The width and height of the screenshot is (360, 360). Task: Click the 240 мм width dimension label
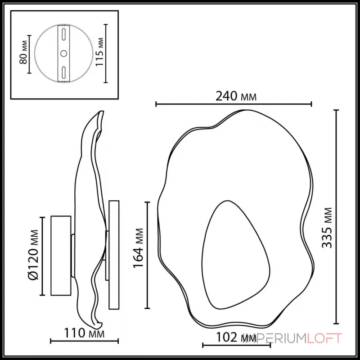[x=233, y=95]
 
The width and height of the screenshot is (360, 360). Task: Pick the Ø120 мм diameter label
[x=32, y=256]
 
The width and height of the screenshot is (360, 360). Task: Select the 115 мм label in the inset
[x=100, y=53]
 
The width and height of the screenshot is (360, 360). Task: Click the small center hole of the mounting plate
[x=64, y=54]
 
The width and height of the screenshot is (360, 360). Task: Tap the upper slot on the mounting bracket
[x=64, y=35]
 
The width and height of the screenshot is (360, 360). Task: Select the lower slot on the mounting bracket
[x=64, y=72]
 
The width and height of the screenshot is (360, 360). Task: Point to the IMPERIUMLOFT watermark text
[x=292, y=338]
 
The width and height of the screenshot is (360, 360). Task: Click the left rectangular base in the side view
[x=61, y=256]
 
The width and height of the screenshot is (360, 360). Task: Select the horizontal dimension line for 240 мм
[x=233, y=104]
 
